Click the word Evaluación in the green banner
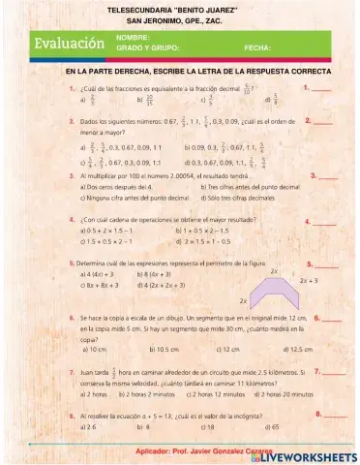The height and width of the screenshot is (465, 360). click(x=69, y=45)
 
